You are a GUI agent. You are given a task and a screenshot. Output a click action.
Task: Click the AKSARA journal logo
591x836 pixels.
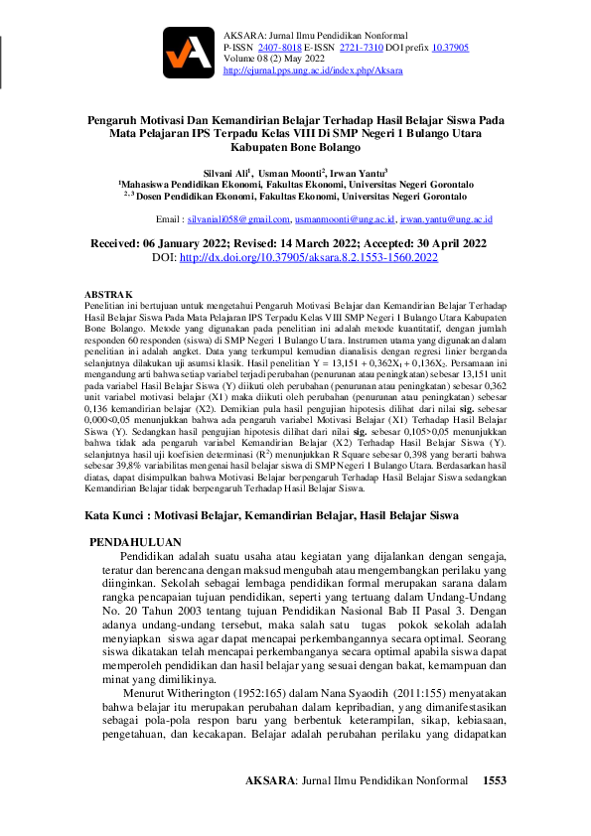coord(188,52)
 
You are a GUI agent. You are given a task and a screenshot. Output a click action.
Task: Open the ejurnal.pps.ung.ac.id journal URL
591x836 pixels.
coord(313,71)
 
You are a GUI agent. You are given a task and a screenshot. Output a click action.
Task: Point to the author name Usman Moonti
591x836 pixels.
coord(289,171)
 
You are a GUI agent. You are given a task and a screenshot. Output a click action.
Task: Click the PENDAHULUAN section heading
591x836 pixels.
coord(136,542)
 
